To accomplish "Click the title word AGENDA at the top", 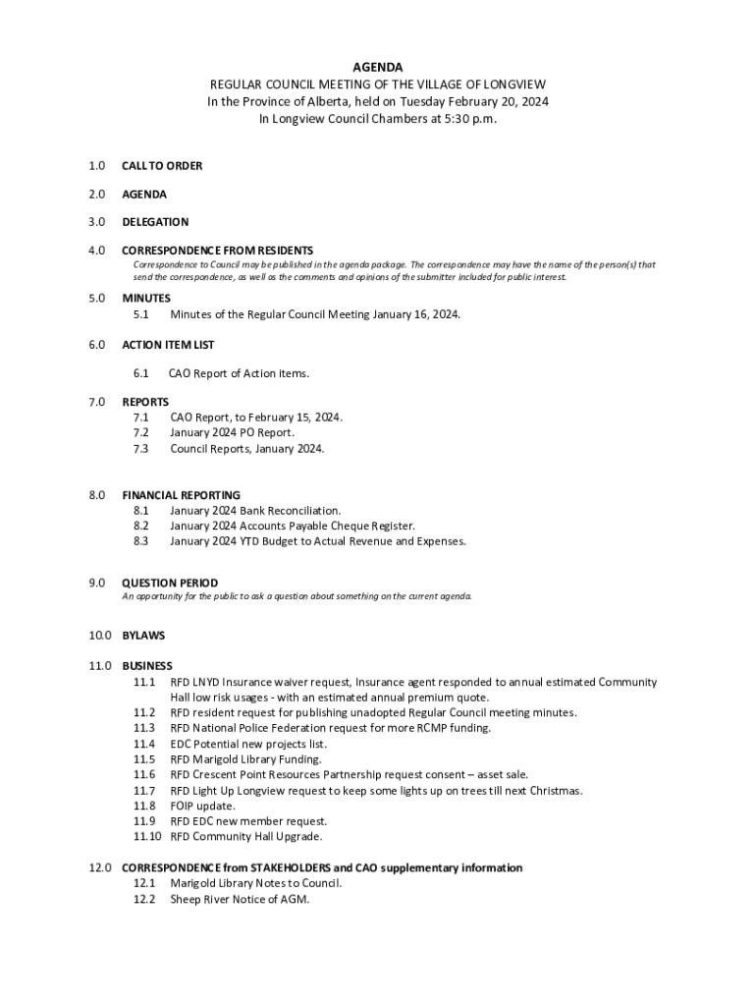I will (377, 68).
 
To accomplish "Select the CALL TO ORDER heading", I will (162, 166).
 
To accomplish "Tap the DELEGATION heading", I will (155, 222).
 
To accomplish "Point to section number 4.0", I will (95, 251).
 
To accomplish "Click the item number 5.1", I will (141, 314).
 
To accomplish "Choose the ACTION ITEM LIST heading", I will (168, 345).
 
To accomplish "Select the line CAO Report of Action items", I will (240, 373).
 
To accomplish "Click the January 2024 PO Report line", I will (232, 432).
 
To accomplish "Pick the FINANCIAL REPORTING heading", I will (181, 495).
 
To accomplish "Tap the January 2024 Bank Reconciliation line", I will (255, 511).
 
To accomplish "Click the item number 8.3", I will (141, 541).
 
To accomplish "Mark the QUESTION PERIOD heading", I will (170, 583).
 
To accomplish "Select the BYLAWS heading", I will (143, 636).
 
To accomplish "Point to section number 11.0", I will (99, 666).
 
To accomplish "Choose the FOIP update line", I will (202, 806).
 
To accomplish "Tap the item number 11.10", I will (147, 837).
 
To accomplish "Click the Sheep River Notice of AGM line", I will (240, 899).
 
